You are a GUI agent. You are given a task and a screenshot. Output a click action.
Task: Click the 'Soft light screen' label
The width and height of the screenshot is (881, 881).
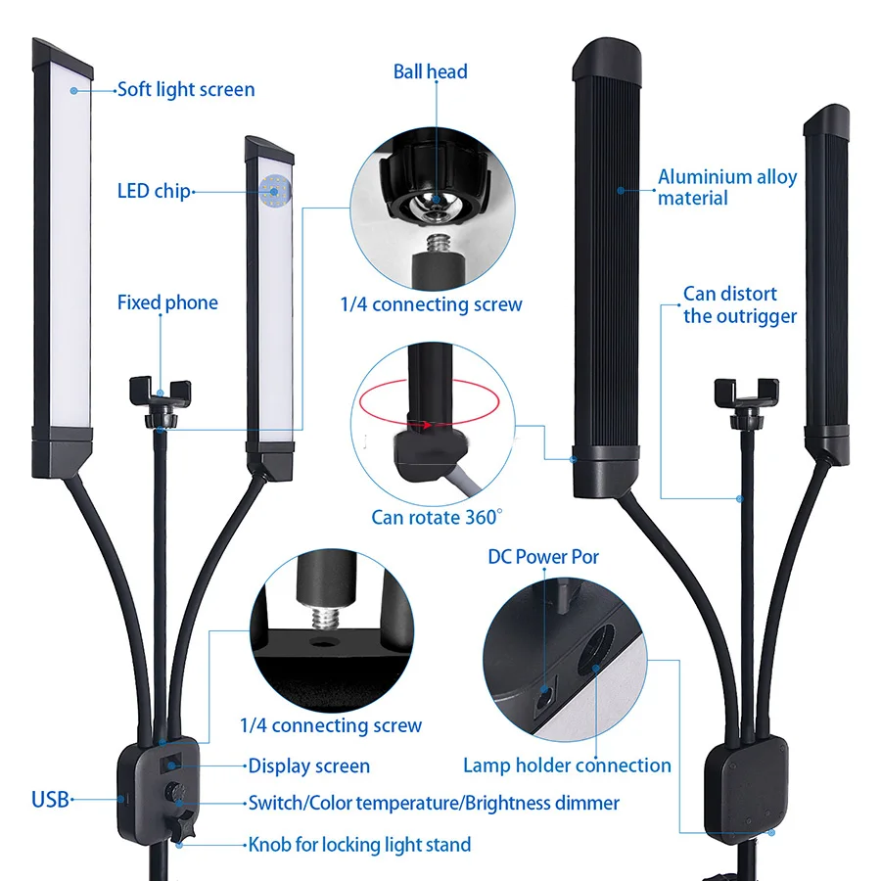tap(185, 90)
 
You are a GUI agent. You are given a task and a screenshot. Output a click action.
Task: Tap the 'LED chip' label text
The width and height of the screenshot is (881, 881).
tap(153, 191)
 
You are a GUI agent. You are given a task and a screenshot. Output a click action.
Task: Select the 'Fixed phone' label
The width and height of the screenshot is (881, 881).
tap(167, 302)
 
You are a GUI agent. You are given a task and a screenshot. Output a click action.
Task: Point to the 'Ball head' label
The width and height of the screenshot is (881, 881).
tap(430, 71)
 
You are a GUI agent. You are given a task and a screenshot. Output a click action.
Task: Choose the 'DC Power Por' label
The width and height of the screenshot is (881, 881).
tap(543, 557)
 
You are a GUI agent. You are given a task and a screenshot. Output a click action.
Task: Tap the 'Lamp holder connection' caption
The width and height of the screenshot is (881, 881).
tap(567, 765)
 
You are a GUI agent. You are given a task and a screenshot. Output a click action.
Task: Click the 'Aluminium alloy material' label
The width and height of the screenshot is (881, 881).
tap(726, 187)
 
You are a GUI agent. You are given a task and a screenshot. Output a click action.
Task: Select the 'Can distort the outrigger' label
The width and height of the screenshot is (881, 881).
tap(739, 304)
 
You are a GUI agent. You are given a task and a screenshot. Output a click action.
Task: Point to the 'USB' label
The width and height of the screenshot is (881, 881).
tap(50, 800)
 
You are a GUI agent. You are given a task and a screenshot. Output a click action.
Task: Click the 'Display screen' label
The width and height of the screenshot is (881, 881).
tap(308, 766)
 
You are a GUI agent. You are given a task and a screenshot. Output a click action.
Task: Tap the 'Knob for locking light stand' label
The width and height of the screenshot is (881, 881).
tap(359, 844)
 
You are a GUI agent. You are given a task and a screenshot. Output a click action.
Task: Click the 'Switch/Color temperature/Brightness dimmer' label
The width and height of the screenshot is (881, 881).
tap(434, 804)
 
